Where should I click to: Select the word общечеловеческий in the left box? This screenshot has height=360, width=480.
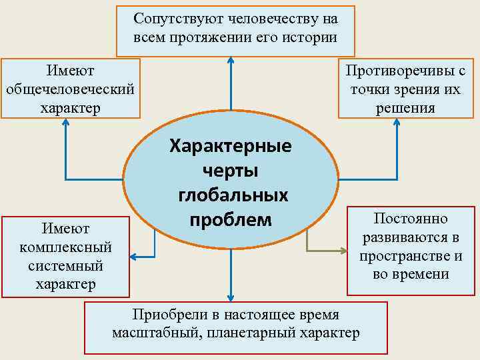[x=70, y=89]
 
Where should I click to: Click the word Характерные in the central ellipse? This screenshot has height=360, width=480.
[x=231, y=145]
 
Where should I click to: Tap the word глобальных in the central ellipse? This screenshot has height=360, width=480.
[x=233, y=195]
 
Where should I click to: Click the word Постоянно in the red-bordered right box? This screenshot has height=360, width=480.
[x=411, y=219]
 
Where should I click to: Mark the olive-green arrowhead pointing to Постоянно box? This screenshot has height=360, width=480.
[x=343, y=251]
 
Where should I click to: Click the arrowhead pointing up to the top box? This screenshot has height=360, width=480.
[x=231, y=61]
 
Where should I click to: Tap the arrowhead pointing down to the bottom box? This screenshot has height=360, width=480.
[x=231, y=297]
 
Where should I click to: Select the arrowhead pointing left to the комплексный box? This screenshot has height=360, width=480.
[x=133, y=257]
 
